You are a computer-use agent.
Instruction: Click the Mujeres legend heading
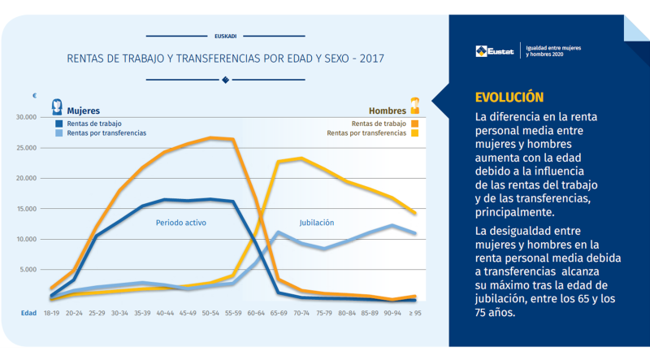(x=84, y=110)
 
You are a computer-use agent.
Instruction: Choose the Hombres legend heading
(x=388, y=110)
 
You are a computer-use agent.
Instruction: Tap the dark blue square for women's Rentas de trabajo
(x=58, y=123)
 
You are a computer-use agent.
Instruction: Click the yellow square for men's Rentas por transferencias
(x=414, y=132)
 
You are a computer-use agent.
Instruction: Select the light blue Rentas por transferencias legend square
(x=58, y=132)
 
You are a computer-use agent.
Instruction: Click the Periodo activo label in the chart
(x=180, y=222)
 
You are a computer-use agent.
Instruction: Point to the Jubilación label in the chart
(x=315, y=222)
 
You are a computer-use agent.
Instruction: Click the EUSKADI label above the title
(x=225, y=36)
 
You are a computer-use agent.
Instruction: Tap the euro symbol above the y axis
(x=35, y=96)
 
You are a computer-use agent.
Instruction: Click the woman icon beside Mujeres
(x=58, y=106)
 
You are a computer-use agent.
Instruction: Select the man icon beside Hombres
(x=414, y=105)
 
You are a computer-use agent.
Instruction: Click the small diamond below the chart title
(x=225, y=80)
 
